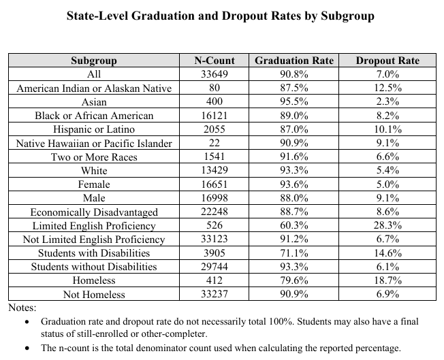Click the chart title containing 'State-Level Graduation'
pyautogui.click(x=221, y=16)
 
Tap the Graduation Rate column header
pyautogui.click(x=294, y=61)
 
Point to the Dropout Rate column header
pyautogui.click(x=387, y=61)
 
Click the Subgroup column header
pyautogui.click(x=94, y=61)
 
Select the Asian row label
pyautogui.click(x=94, y=102)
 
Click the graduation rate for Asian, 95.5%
pyautogui.click(x=294, y=102)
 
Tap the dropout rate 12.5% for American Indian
pyautogui.click(x=387, y=88)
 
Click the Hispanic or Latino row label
pyautogui.click(x=94, y=129)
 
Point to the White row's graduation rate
pyautogui.click(x=294, y=171)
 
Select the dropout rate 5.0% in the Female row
pyautogui.click(x=387, y=184)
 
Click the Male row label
pyautogui.click(x=94, y=198)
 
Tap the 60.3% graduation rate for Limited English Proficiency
pyautogui.click(x=294, y=226)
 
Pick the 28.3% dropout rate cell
pyautogui.click(x=387, y=226)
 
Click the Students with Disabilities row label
pyautogui.click(x=94, y=253)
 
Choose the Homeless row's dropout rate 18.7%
pyautogui.click(x=387, y=280)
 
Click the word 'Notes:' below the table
pyautogui.click(x=22, y=308)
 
